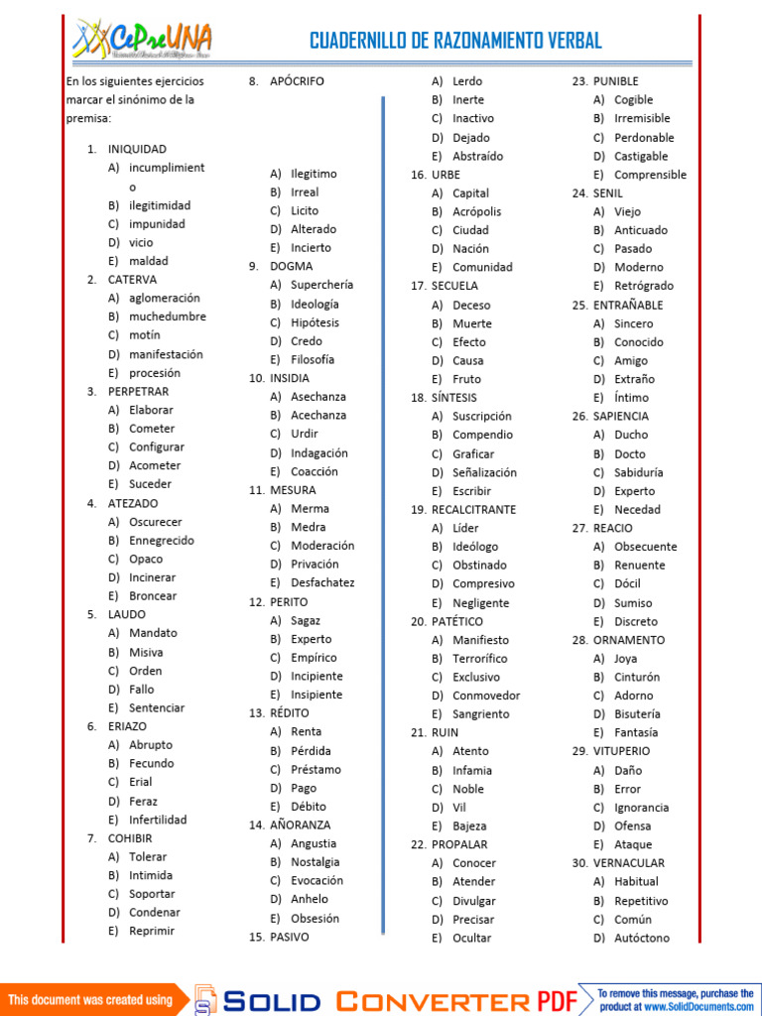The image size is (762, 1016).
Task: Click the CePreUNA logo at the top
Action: point(142,40)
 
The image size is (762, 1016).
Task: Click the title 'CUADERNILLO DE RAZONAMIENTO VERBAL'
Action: point(455,41)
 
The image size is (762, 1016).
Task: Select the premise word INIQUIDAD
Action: point(137,149)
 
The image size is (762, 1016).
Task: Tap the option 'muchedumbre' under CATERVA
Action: point(168,317)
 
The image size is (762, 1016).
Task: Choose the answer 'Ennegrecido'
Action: point(162,541)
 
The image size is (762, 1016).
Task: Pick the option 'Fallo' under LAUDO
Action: point(142,690)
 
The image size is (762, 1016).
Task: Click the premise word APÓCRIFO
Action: point(297,81)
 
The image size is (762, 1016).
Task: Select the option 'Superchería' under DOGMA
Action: point(321,285)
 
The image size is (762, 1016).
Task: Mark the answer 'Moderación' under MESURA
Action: point(322,546)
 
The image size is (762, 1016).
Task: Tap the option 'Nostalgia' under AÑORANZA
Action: point(315,862)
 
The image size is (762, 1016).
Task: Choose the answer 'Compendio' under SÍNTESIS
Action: point(482,435)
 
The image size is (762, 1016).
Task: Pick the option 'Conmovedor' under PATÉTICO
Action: point(486,696)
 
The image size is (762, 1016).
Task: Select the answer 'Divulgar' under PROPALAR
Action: point(473,901)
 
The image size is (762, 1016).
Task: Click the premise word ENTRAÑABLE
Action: point(628,305)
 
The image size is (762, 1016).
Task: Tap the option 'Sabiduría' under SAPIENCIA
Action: point(639,472)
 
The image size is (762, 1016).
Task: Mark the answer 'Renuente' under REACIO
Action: point(640,565)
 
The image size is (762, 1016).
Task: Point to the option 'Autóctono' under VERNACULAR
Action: point(642,938)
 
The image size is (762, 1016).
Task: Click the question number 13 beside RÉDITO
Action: point(256,713)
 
